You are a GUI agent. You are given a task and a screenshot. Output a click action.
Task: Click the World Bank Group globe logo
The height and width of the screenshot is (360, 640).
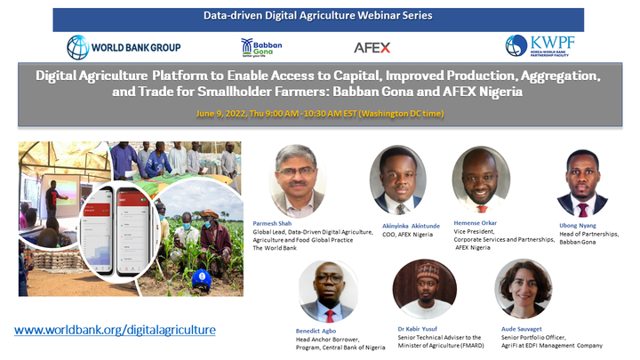pyautogui.click(x=78, y=47)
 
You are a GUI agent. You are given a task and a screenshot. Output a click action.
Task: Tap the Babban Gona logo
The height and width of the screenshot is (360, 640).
pyautogui.click(x=261, y=48)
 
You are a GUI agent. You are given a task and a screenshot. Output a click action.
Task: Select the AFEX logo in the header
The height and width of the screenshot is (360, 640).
pyautogui.click(x=372, y=48)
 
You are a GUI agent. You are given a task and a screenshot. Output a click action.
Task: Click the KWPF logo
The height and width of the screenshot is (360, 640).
pyautogui.click(x=540, y=45)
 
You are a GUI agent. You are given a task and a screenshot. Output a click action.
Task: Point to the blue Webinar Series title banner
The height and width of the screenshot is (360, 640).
pyautogui.click(x=318, y=20)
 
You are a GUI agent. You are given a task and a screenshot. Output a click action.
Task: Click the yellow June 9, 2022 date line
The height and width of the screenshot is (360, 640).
pyautogui.click(x=320, y=114)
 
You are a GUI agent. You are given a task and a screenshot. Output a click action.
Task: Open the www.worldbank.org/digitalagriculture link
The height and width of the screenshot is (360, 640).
pyautogui.click(x=115, y=330)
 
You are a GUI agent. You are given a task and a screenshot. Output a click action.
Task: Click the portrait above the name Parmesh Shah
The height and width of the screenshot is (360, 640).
pyautogui.click(x=297, y=181)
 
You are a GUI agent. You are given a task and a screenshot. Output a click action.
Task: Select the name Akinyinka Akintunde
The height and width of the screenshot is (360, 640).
pyautogui.click(x=411, y=226)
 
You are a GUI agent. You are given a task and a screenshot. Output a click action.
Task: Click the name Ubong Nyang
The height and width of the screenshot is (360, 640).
pyautogui.click(x=578, y=225)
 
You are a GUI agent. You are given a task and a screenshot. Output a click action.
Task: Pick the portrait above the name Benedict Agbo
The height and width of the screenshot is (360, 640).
pyautogui.click(x=329, y=292)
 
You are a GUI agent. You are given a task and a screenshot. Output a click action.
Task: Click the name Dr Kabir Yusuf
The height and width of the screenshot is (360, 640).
pyautogui.click(x=417, y=329)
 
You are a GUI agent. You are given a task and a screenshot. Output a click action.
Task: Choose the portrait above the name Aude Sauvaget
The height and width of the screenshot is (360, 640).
pyautogui.click(x=524, y=289)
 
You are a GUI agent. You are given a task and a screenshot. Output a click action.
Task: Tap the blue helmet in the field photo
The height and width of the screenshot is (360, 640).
pyautogui.click(x=202, y=280)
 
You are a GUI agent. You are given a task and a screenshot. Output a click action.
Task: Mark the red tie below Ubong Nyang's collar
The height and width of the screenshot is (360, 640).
pyautogui.click(x=582, y=210)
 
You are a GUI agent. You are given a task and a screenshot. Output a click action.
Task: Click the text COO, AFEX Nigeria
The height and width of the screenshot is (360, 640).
pyautogui.click(x=407, y=235)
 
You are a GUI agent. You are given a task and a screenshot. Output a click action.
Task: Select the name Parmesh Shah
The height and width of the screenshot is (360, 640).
pyautogui.click(x=272, y=223)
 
